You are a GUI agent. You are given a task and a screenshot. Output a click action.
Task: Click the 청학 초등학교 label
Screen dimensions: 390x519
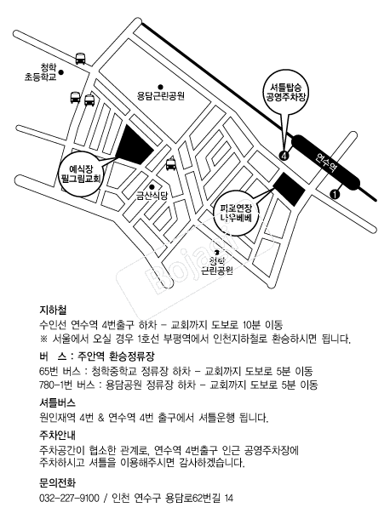(40, 72)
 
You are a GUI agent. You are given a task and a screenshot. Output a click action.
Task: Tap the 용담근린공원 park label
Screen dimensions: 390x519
(161, 96)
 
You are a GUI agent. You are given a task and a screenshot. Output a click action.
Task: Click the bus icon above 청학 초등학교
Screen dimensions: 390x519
(80, 59)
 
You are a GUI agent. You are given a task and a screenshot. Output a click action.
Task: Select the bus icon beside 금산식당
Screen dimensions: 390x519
(171, 164)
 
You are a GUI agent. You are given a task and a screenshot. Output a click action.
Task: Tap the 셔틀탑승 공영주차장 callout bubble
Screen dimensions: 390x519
(286, 92)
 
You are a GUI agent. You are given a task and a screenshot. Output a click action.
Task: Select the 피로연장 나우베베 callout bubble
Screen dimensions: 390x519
(237, 214)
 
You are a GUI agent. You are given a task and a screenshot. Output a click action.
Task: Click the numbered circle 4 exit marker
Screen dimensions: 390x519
(284, 155)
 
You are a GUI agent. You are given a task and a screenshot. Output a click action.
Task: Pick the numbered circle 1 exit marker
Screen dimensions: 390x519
(335, 194)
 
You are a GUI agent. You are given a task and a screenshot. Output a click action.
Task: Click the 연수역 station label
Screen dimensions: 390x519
(326, 163)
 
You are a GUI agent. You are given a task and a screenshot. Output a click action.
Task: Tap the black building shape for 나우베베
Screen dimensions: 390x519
(288, 189)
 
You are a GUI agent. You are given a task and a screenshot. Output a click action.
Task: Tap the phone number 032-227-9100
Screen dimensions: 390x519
(69, 498)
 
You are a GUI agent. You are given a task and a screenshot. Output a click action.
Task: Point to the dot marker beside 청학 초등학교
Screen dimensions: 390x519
(61, 71)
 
